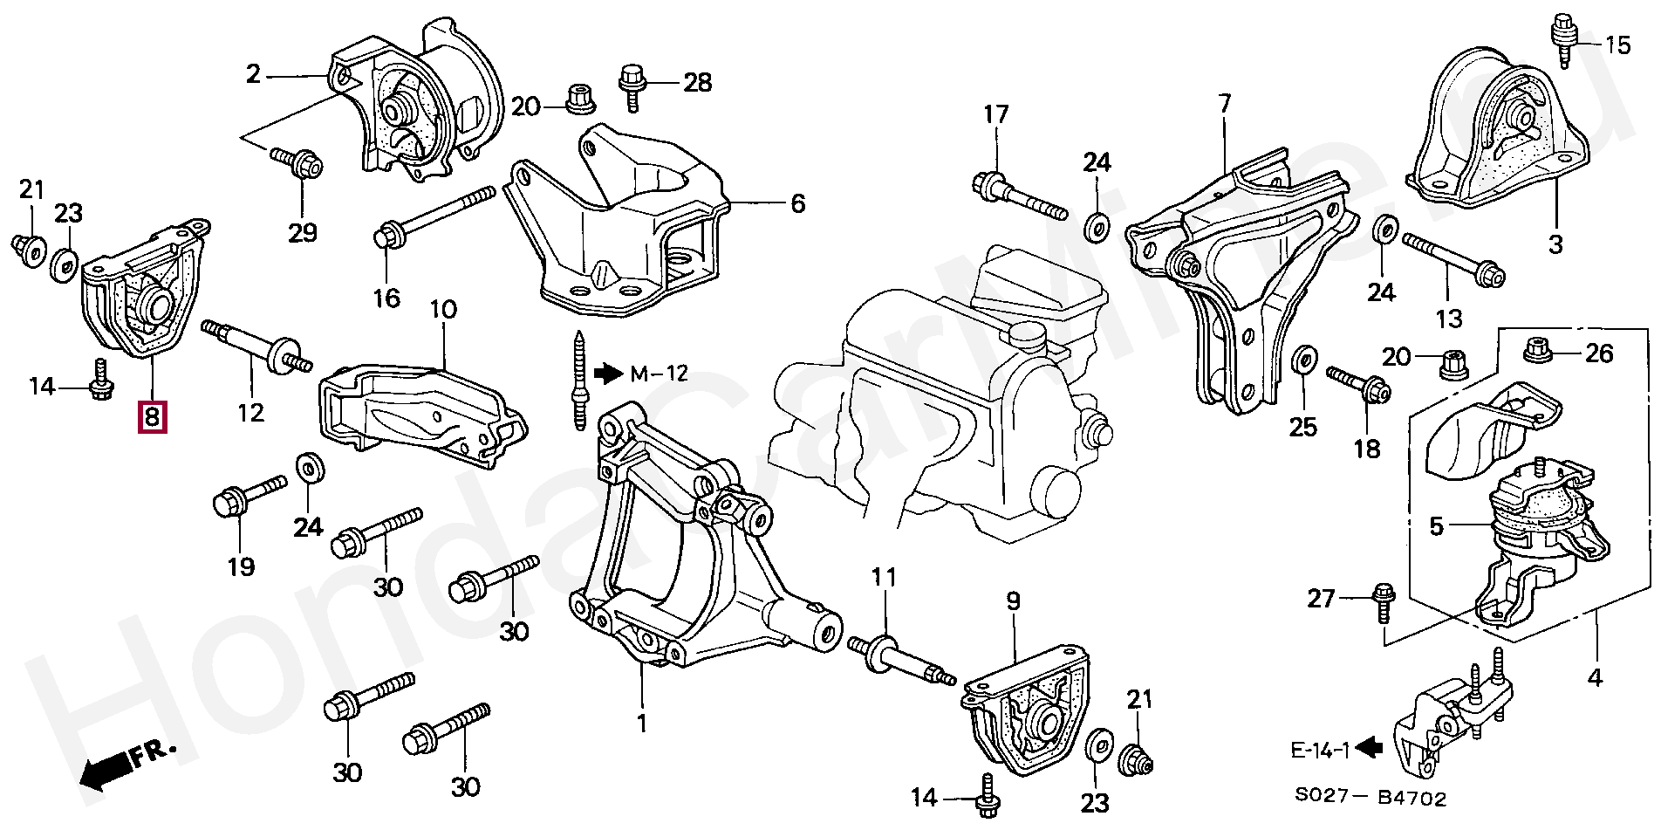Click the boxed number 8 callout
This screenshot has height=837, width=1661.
(x=151, y=417)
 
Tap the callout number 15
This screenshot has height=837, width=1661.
(x=1617, y=44)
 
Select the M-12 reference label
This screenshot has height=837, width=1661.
(x=659, y=374)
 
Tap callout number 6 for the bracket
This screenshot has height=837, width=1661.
(x=797, y=204)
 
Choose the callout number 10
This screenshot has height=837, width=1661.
(x=442, y=309)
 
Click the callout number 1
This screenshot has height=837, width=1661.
(x=642, y=724)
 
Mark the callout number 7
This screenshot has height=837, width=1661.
(x=1225, y=104)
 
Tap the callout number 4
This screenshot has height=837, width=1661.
(x=1595, y=676)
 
